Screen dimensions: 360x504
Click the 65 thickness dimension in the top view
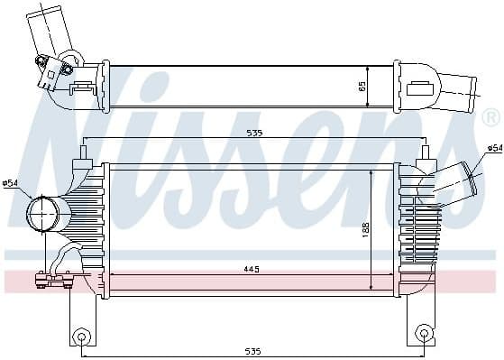pos(362,87)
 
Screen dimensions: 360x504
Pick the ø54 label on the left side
pos(11,184)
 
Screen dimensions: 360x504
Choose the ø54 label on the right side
pos(493,147)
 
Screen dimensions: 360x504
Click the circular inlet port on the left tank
pos(42,214)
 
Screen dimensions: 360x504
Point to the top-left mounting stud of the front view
pos(84,153)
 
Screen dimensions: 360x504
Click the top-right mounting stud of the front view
pos(421,153)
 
